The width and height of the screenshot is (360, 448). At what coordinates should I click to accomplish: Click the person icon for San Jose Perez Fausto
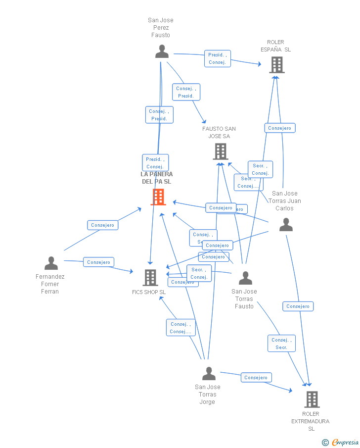(x=162, y=51)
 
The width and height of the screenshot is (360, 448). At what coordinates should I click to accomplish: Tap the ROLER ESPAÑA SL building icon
(x=276, y=64)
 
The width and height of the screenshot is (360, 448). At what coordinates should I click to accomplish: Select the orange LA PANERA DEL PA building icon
(x=158, y=197)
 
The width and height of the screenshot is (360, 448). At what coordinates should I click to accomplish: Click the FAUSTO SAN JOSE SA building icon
(x=220, y=151)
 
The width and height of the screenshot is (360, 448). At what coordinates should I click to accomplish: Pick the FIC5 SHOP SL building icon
(x=150, y=278)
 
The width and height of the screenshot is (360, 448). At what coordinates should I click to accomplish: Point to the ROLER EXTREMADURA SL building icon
(x=312, y=399)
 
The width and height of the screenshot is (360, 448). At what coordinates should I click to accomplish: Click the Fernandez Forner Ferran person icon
(x=51, y=263)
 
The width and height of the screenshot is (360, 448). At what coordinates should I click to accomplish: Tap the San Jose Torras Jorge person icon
(x=209, y=374)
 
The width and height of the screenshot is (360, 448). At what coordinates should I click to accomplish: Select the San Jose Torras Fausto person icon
(x=245, y=278)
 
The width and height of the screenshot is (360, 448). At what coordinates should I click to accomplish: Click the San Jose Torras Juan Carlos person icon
(x=286, y=225)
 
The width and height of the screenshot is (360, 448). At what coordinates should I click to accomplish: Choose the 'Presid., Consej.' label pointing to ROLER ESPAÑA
(x=217, y=58)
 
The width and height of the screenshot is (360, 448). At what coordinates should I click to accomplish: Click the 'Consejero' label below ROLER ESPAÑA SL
(x=280, y=128)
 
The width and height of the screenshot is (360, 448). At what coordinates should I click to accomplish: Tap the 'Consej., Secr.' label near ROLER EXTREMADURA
(x=281, y=344)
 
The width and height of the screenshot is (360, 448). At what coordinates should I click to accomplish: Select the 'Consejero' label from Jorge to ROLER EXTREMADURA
(x=256, y=378)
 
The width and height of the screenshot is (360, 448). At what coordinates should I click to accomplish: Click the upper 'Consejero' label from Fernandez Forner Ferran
(x=102, y=225)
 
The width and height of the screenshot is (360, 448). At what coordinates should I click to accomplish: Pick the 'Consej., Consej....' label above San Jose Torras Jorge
(x=180, y=328)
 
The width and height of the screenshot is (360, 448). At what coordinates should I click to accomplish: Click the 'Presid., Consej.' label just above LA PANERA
(x=155, y=163)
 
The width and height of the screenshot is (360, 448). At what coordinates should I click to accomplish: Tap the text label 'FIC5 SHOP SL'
(x=149, y=292)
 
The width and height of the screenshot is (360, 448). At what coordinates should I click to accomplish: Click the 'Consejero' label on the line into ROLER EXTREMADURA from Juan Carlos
(x=298, y=306)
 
